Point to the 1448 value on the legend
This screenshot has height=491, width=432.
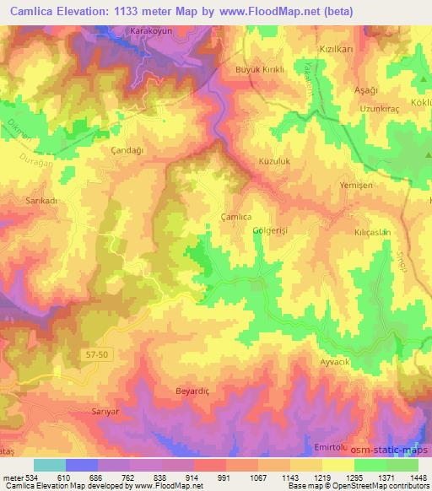point(418,477)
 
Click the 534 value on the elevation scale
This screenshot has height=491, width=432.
point(34,477)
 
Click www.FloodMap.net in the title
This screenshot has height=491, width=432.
point(263,11)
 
